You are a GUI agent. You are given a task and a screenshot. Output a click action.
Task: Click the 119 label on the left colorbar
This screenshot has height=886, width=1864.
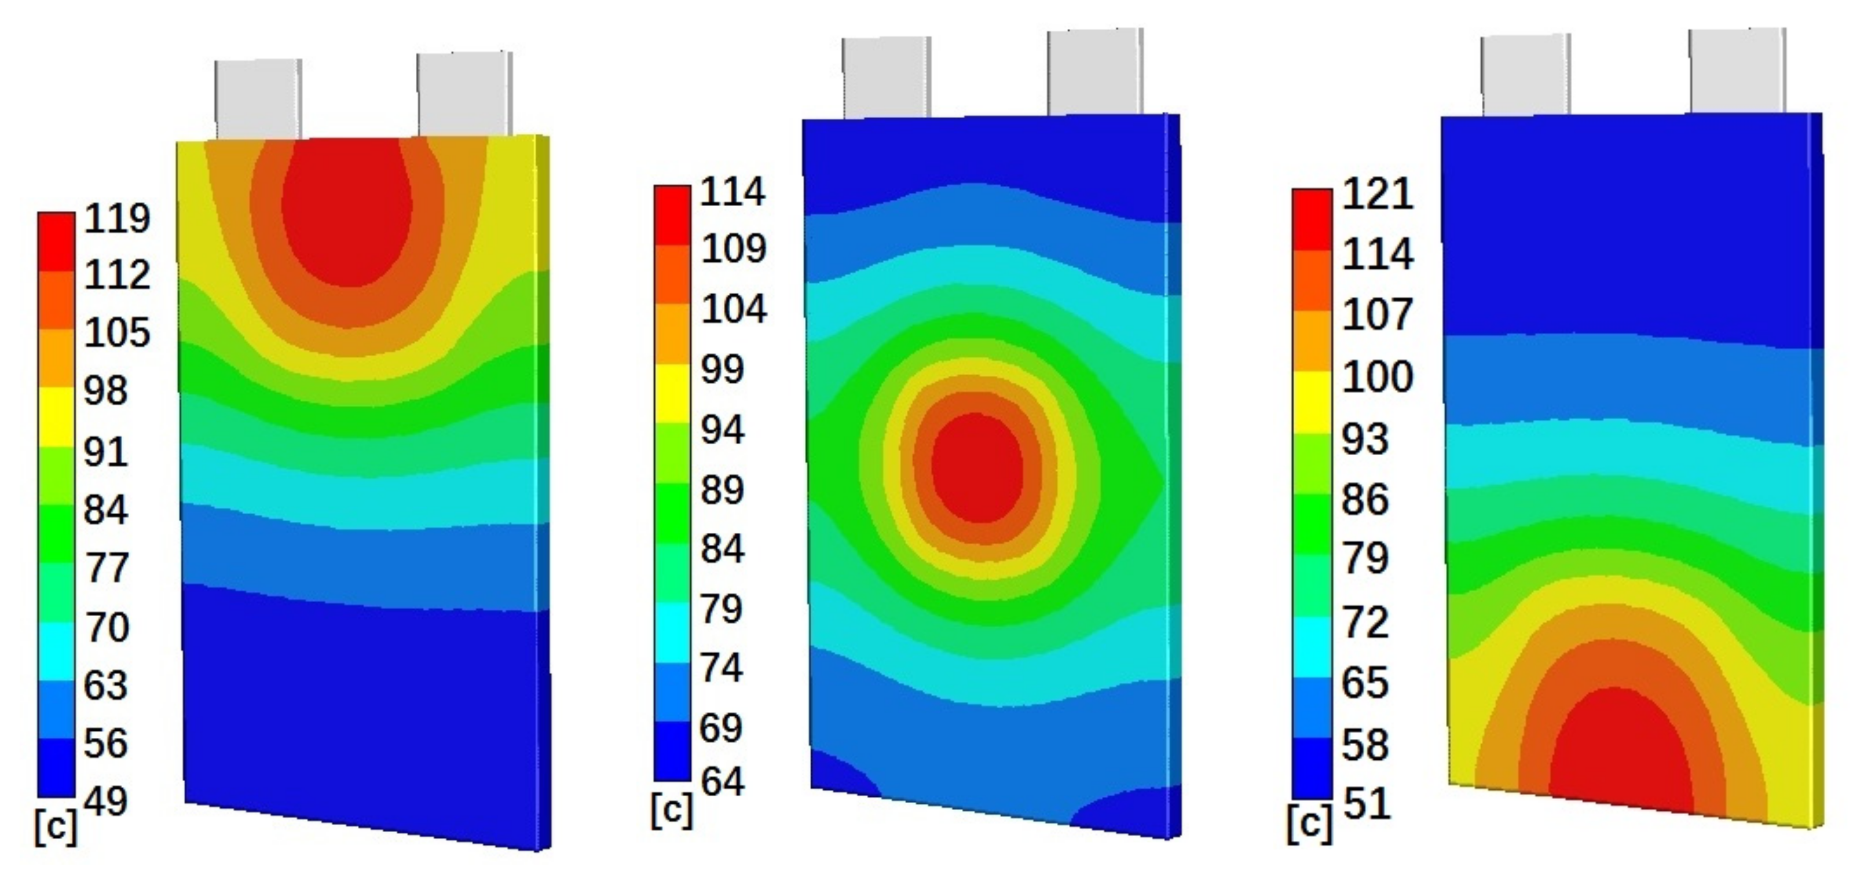(x=116, y=218)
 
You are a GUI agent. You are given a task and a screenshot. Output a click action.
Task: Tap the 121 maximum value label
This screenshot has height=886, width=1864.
(x=1377, y=194)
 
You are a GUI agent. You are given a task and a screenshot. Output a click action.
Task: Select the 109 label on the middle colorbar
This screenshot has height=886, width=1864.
(x=733, y=248)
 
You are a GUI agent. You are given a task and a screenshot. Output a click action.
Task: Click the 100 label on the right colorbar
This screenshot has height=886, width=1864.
(x=1377, y=376)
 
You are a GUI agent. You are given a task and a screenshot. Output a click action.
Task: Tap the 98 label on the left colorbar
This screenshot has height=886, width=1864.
(x=105, y=391)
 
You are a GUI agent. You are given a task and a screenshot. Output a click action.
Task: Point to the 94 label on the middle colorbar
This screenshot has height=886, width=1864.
(x=722, y=430)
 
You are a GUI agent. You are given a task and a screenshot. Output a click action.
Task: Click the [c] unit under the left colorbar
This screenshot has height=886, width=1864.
(x=55, y=826)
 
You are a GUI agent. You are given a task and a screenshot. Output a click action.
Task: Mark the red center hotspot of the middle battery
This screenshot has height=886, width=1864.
(x=977, y=467)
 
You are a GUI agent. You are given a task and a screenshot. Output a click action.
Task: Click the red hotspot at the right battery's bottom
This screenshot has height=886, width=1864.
(x=1621, y=753)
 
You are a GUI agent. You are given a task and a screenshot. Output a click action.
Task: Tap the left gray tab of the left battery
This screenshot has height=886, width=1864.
(x=258, y=100)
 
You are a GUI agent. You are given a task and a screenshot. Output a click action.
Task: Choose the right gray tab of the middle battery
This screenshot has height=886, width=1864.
(x=1095, y=72)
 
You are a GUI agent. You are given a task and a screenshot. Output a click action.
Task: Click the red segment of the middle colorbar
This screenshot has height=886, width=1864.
(x=672, y=215)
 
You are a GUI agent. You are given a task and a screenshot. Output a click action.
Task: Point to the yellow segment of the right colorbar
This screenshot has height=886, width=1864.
(x=1312, y=402)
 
